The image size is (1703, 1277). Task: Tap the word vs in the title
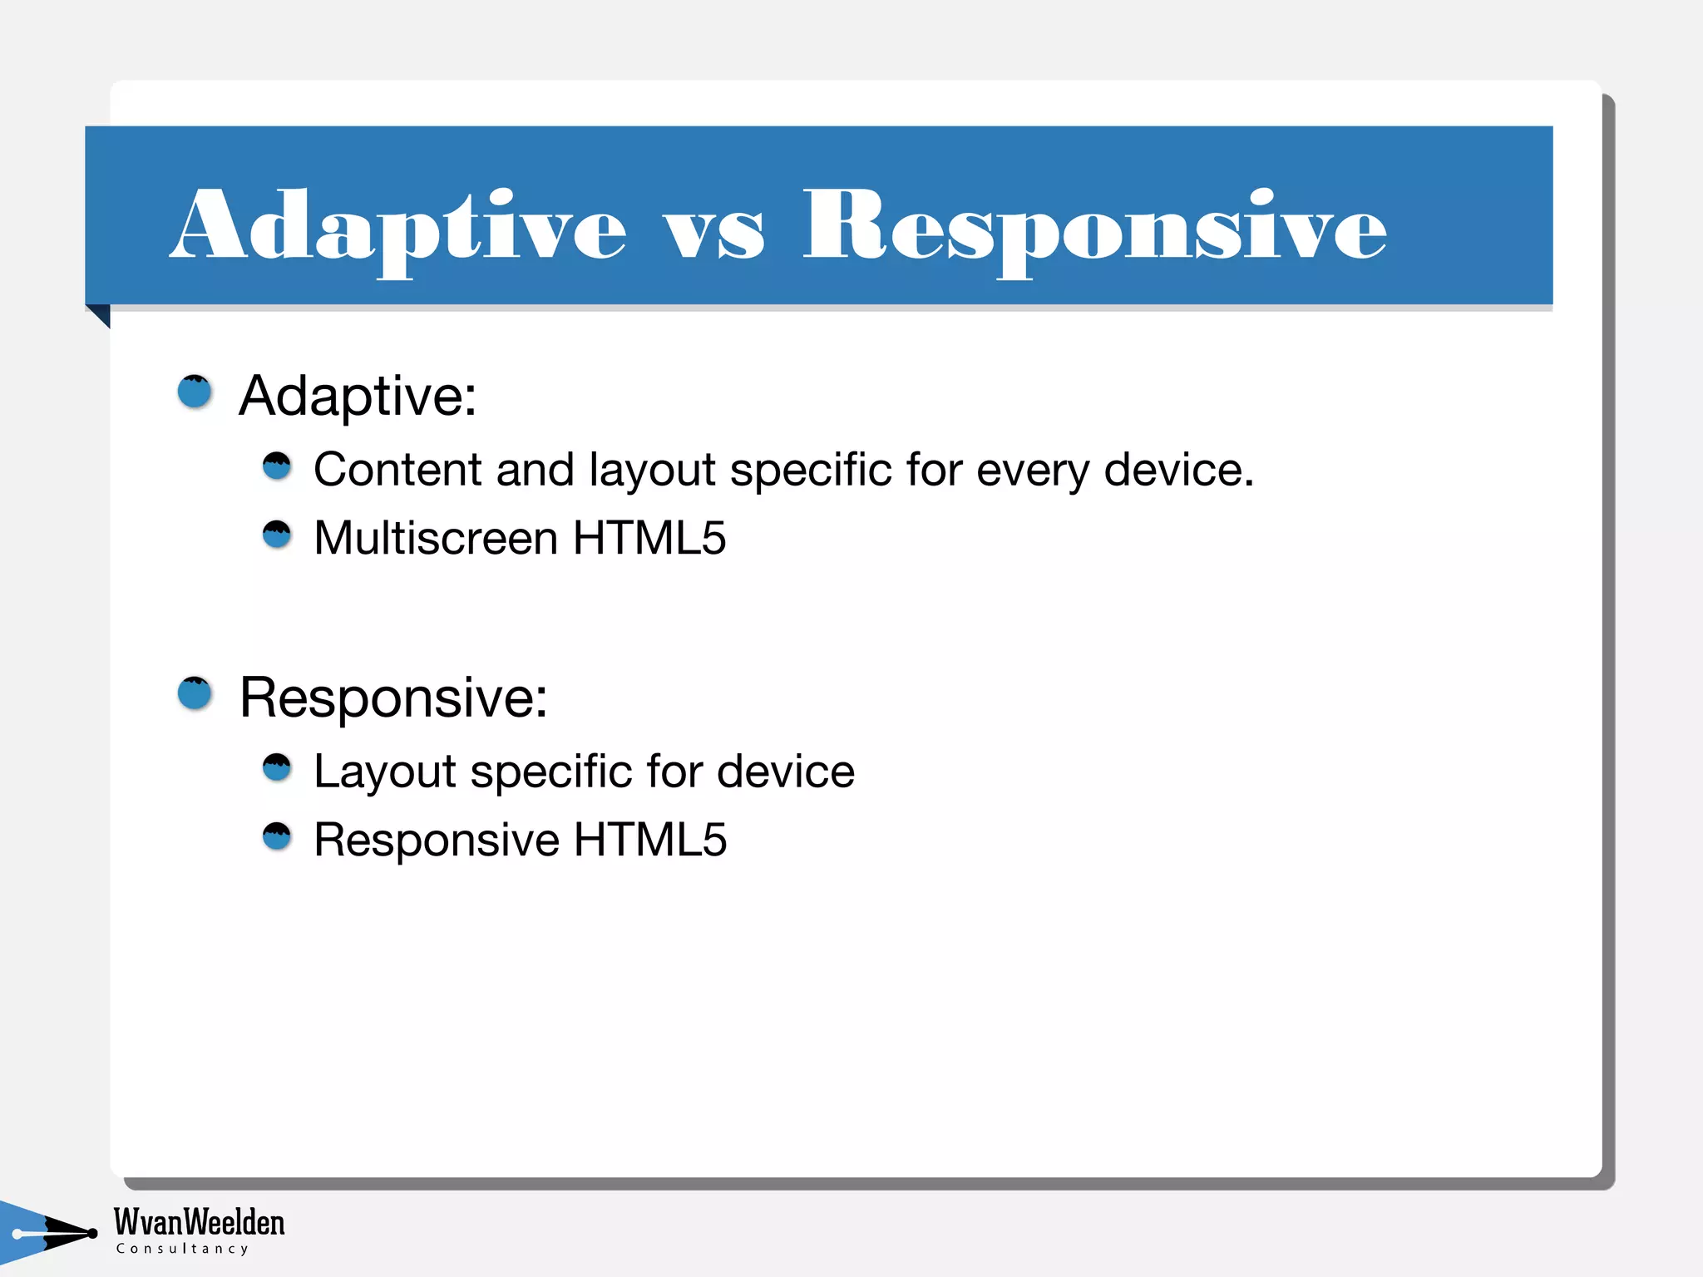coord(713,233)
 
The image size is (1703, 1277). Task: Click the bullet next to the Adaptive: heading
coord(195,392)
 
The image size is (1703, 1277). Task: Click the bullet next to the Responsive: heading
coord(195,693)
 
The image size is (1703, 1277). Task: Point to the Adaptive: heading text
coord(358,396)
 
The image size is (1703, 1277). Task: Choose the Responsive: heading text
coord(393,698)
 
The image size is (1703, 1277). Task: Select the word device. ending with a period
coord(1178,470)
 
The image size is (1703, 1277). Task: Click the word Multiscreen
coord(435,538)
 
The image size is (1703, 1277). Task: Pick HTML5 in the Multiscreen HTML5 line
coord(649,538)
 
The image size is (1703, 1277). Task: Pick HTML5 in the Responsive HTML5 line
coord(649,840)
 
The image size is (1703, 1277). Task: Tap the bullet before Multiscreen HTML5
coord(277,535)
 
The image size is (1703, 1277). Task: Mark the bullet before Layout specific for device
coord(277,767)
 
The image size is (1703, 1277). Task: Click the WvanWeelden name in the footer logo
coord(199,1222)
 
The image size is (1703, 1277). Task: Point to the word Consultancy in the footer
coord(182,1249)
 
